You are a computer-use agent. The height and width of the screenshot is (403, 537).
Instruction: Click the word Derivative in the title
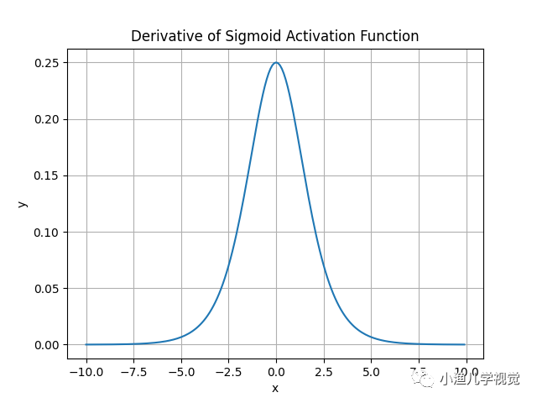[x=163, y=36]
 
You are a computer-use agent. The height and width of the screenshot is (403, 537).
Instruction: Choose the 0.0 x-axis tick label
[x=276, y=371]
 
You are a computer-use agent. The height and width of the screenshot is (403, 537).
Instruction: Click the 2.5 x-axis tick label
[x=324, y=371]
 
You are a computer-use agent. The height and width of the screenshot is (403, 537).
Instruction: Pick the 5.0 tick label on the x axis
[x=371, y=371]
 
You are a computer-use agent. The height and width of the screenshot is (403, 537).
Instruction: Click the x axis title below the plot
[x=275, y=388]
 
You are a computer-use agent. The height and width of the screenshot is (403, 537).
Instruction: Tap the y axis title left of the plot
[x=23, y=204]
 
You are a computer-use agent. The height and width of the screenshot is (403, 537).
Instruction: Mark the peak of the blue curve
[x=276, y=63]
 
